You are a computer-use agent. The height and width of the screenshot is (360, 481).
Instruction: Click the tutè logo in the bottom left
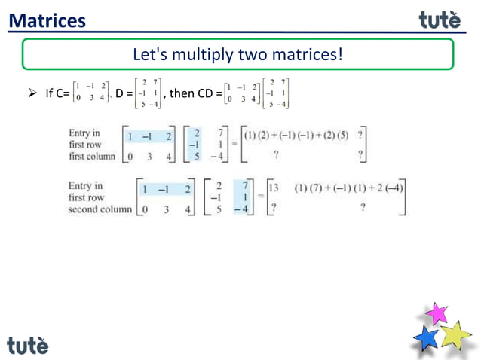pyautogui.click(x=28, y=345)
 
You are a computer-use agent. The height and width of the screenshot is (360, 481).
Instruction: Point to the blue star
pyautogui.click(x=427, y=338)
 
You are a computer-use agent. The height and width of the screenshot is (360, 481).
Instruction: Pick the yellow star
pyautogui.click(x=455, y=334)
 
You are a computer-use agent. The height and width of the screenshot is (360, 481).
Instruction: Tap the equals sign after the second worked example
pyautogui.click(x=259, y=195)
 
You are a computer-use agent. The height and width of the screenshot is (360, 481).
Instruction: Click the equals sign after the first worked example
pyautogui.click(x=234, y=143)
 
